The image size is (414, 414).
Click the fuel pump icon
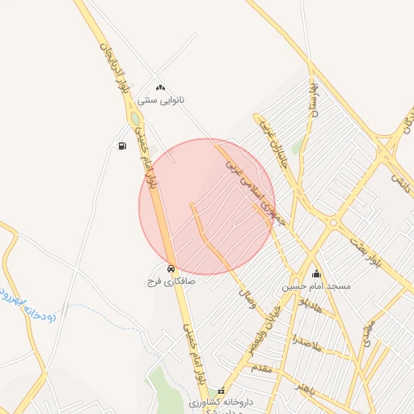pos(122,146)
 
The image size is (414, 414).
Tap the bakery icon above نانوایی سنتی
pos(160,87)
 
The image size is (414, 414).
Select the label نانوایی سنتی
pos(161,100)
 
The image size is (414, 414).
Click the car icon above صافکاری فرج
pos(171,268)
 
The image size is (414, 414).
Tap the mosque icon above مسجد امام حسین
pos(316,274)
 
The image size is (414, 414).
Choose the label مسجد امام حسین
pos(316,287)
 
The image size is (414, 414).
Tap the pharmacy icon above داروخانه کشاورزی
pos(222,391)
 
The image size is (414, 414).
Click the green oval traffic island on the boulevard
pos(134,119)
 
